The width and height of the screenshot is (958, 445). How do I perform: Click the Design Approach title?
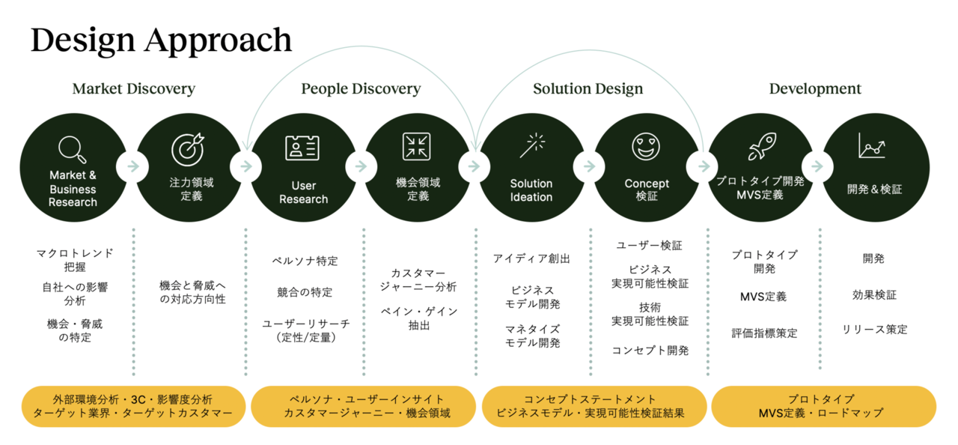point(161,40)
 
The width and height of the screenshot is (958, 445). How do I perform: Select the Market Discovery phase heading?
point(134,88)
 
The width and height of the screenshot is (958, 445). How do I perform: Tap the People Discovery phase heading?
point(361,88)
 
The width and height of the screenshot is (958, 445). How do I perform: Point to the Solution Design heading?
point(588,88)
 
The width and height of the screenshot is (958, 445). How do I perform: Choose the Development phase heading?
point(815,88)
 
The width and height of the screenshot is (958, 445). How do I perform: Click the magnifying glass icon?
point(73,149)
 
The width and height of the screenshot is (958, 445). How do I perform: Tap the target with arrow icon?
point(188,149)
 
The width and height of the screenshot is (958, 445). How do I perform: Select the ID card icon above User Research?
point(302,148)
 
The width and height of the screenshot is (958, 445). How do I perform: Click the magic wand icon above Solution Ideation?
point(532,145)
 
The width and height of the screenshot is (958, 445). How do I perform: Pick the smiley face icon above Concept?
point(646,147)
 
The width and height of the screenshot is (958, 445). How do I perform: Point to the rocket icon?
point(762,146)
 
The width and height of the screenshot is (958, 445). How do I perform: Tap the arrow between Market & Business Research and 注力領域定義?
point(133,166)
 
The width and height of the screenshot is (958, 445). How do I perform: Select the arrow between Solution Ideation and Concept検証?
point(589,166)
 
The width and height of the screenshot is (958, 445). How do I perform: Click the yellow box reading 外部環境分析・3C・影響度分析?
point(133,407)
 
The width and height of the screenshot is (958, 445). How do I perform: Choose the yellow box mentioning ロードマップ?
point(824,407)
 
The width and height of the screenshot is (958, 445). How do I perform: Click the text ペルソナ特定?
point(305,261)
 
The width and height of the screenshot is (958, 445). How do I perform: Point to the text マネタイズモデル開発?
point(532,336)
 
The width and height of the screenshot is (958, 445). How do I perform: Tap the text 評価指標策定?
point(764,333)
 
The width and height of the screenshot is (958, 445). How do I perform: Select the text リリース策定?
point(875,330)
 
